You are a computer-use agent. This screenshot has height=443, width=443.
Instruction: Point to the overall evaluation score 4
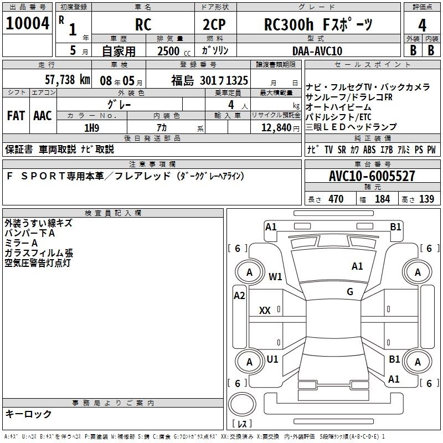coord(422,25)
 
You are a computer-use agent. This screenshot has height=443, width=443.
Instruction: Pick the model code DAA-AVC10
coord(317,50)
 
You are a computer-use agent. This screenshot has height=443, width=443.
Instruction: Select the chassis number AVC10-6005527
coord(372,176)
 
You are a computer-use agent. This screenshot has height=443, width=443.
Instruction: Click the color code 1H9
coord(91,128)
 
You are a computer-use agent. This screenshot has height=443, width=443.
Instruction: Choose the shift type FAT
coord(16,116)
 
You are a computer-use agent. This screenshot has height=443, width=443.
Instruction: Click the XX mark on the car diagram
coord(265,311)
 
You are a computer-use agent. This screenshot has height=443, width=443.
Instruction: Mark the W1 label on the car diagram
coord(275,276)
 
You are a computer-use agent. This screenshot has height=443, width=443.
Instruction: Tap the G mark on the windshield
coord(350,291)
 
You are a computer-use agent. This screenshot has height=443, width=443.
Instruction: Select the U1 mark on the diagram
coord(272,359)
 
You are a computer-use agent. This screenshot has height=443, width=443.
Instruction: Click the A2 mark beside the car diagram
coord(239,295)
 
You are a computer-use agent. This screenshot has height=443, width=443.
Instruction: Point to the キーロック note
coord(28,414)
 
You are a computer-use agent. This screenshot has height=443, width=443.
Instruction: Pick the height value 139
coord(426,199)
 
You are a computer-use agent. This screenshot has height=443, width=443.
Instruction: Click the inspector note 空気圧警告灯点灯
coord(38,263)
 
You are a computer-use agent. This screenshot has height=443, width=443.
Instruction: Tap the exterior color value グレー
coord(119,104)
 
